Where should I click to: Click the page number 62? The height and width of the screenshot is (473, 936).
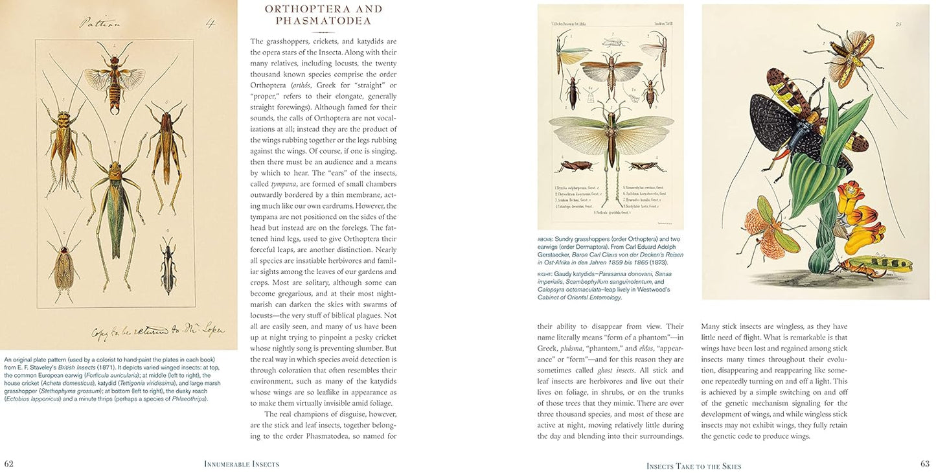click(x=9, y=464)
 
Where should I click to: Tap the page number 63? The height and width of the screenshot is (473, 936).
click(x=924, y=464)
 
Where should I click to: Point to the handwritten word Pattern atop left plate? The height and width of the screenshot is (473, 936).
click(x=101, y=23)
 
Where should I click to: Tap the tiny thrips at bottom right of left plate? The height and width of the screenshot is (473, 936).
click(x=168, y=266)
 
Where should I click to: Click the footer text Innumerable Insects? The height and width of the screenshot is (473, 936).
click(x=242, y=464)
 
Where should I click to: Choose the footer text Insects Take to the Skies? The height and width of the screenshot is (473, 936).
click(x=693, y=466)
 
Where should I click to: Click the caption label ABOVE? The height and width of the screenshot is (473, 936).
click(x=545, y=239)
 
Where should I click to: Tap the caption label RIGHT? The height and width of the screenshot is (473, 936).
click(x=545, y=275)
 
